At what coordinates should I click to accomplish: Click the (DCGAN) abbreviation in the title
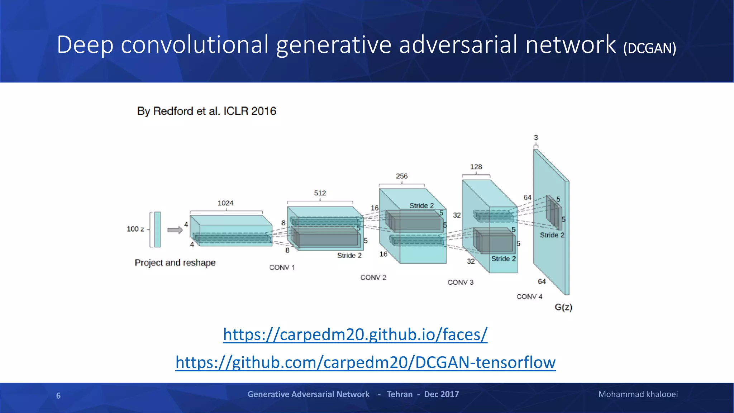point(649,48)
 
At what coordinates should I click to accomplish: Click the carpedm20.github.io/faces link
point(355,334)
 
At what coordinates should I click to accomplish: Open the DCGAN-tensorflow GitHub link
point(365,362)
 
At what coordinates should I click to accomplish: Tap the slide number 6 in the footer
point(58,395)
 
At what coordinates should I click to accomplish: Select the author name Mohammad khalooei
point(638,394)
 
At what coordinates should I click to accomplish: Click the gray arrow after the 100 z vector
point(175,230)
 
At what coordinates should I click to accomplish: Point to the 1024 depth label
point(225,203)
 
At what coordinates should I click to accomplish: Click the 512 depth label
point(320,193)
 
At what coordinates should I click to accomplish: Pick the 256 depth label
point(401,176)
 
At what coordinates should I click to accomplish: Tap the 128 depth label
point(476,167)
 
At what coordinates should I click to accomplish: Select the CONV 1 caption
point(282,267)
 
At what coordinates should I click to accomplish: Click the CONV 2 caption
point(373,277)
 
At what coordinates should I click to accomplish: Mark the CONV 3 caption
point(460,283)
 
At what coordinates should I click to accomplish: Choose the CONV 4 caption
point(529,296)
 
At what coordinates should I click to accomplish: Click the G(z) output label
point(563,307)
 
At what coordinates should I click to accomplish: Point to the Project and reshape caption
point(175,263)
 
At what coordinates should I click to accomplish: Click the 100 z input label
point(135,229)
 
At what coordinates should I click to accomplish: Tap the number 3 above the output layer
point(536,138)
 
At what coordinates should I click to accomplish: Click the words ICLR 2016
point(250,111)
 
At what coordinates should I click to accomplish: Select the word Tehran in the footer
point(399,394)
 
